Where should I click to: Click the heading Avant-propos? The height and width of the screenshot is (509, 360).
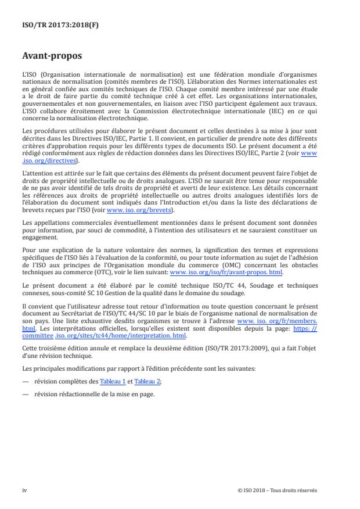click(52, 56)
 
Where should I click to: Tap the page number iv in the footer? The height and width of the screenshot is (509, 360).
click(24, 490)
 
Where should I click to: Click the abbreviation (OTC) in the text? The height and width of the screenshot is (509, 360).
click(96, 271)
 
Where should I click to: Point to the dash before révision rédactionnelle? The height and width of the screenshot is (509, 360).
click(25, 394)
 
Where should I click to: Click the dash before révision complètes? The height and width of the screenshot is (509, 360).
click(25, 381)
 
